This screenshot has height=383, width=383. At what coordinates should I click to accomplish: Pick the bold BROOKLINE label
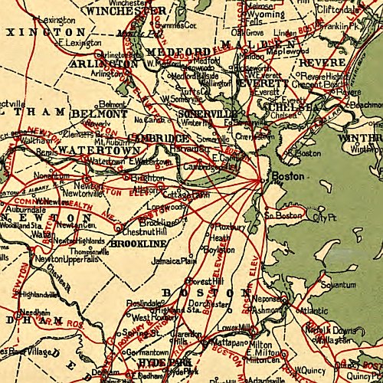[139, 243]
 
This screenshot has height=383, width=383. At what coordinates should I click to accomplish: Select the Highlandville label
[38, 293]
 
